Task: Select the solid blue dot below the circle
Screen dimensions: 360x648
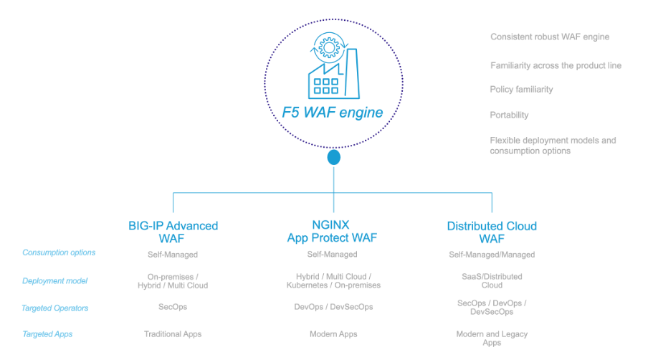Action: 333,157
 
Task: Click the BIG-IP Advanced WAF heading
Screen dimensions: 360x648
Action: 172,232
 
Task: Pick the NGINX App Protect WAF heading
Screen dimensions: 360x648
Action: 332,232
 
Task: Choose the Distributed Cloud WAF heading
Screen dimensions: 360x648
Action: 492,232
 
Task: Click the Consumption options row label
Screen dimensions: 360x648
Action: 59,252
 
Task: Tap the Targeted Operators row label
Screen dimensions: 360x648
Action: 55,308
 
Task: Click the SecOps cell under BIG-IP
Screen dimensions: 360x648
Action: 172,307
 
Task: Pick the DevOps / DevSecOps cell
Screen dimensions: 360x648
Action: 333,307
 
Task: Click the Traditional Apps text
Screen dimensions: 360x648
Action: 173,334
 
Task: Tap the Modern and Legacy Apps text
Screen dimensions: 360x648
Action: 492,338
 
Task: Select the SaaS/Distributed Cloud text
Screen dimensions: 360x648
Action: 492,280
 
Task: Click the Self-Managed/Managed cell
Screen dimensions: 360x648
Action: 492,255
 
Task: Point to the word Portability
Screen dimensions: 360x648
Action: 509,115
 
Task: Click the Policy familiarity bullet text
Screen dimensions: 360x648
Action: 521,90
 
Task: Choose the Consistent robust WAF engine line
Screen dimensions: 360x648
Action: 550,37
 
